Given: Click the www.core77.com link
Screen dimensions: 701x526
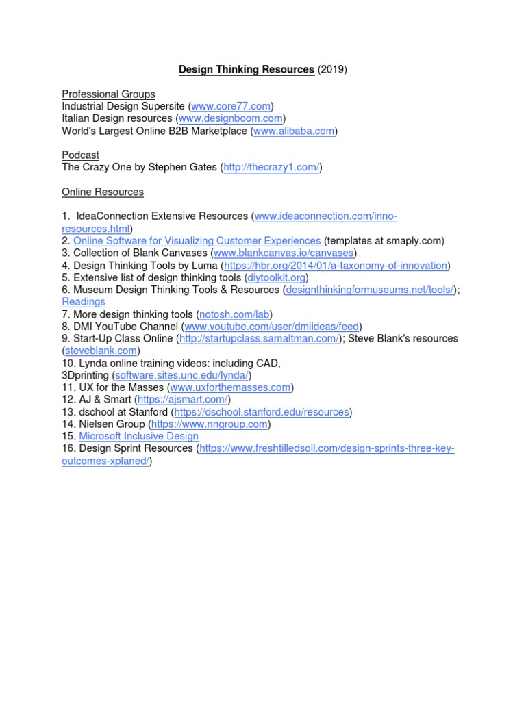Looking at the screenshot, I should click(x=231, y=106).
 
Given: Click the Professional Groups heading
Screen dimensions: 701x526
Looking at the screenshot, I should click(x=108, y=94).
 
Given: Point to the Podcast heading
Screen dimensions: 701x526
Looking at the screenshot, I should click(x=80, y=155).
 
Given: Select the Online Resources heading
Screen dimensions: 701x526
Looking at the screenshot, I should click(x=103, y=192).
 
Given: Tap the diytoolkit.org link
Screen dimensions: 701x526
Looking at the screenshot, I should click(x=277, y=278).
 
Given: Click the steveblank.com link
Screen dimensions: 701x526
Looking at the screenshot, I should click(x=101, y=351).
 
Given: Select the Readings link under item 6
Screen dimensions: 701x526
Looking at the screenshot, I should click(x=84, y=302).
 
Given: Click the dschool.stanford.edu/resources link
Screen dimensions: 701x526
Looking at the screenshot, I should click(x=262, y=412).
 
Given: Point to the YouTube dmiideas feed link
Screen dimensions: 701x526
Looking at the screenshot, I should click(x=272, y=327).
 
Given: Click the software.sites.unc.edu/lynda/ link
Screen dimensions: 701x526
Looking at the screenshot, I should click(x=183, y=376).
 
